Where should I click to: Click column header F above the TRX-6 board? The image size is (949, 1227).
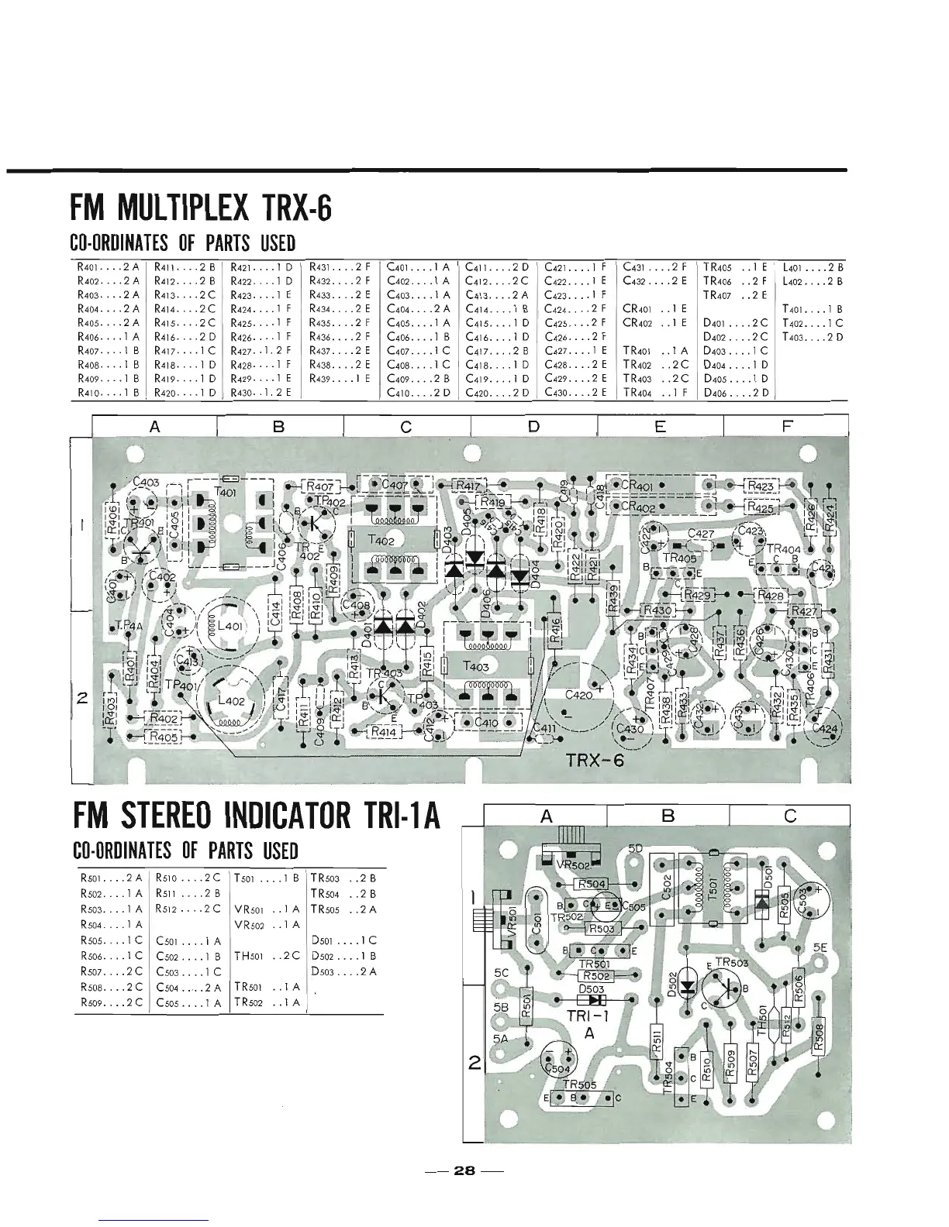[x=786, y=426]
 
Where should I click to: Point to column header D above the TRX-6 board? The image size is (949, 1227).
[x=533, y=426]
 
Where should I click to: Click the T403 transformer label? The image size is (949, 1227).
[x=475, y=666]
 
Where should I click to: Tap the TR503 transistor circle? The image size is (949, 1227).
[x=722, y=985]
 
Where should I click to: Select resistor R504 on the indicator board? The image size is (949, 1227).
[x=592, y=885]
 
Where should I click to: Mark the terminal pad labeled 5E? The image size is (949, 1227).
[x=820, y=947]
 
